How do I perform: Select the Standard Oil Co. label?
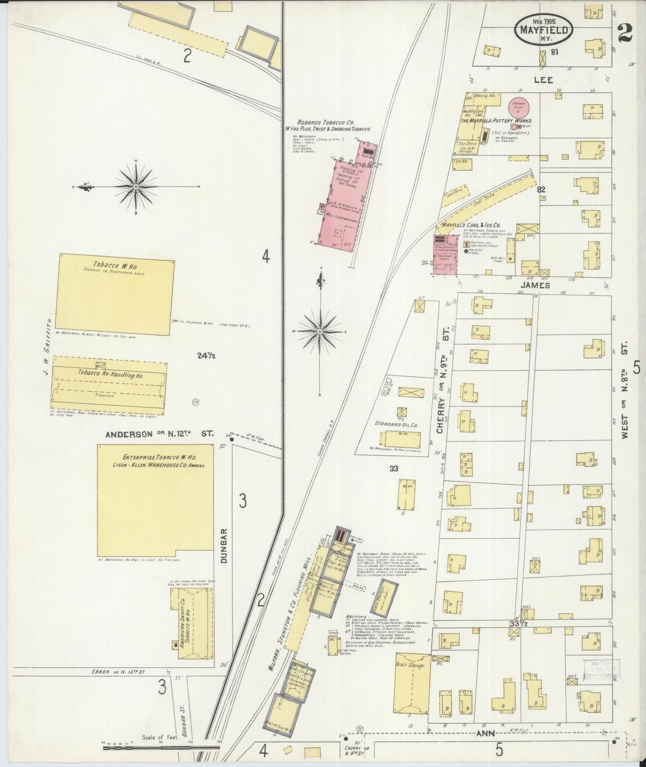click(396, 423)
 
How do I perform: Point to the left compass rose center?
click(136, 186)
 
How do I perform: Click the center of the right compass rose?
click(321, 332)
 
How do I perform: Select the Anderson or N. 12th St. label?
click(160, 434)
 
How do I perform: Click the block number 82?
click(541, 189)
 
